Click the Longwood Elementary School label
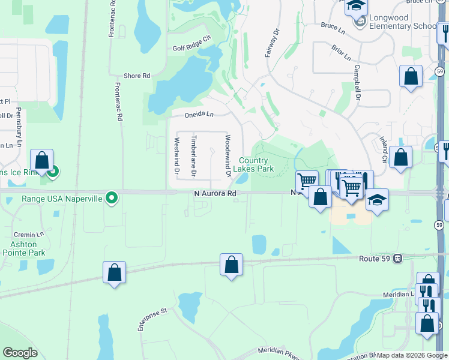click(x=402, y=22)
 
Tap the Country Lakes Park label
click(x=256, y=164)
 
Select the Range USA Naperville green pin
click(x=111, y=197)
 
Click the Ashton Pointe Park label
click(x=28, y=248)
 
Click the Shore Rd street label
click(x=136, y=76)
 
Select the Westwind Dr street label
click(x=177, y=156)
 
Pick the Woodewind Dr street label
click(x=228, y=155)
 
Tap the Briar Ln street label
click(x=340, y=52)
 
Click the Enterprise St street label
click(x=152, y=320)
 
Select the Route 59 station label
click(x=376, y=259)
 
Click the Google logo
click(x=20, y=353)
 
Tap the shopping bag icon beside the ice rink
click(x=41, y=161)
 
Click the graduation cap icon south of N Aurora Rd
click(x=376, y=200)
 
